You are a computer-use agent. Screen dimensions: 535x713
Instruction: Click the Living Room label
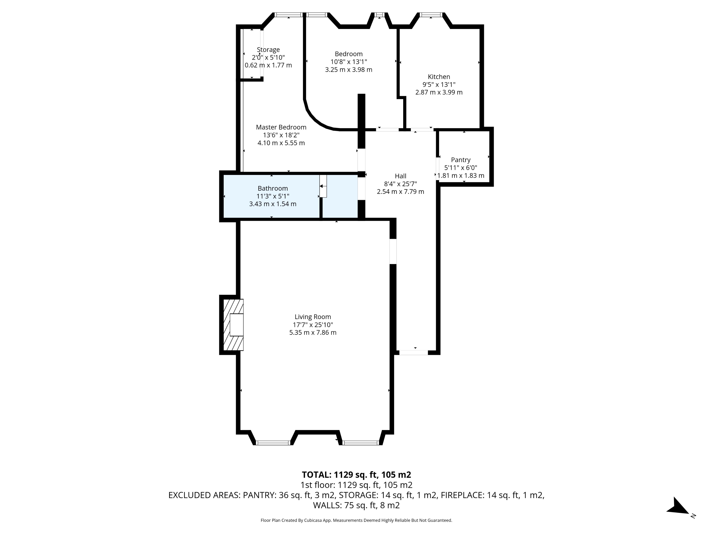pyautogui.click(x=313, y=317)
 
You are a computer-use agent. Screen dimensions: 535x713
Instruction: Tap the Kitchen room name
pyautogui.click(x=439, y=77)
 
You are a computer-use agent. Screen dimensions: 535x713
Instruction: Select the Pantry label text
pyautogui.click(x=461, y=160)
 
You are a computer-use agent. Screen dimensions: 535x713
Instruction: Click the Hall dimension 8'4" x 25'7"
pyautogui.click(x=400, y=184)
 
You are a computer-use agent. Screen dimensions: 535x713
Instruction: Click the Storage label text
pyautogui.click(x=268, y=50)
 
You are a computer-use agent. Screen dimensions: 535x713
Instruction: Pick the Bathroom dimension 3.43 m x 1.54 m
pyautogui.click(x=273, y=204)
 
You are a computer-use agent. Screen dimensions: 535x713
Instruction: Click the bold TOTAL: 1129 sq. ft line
pyautogui.click(x=356, y=475)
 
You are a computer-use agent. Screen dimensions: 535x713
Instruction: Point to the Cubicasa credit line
pyautogui.click(x=356, y=520)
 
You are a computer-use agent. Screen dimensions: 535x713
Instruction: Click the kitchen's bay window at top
pyautogui.click(x=431, y=14)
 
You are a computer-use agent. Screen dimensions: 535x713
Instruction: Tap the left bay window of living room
pyautogui.click(x=273, y=443)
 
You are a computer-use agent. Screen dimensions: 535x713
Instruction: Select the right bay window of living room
pyautogui.click(x=360, y=443)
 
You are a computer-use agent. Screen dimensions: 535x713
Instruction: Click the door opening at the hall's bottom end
pyautogui.click(x=414, y=353)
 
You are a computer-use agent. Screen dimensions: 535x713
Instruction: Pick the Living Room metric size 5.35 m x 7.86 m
pyautogui.click(x=313, y=332)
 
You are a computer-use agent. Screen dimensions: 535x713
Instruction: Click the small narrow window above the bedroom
pyautogui.click(x=380, y=14)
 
